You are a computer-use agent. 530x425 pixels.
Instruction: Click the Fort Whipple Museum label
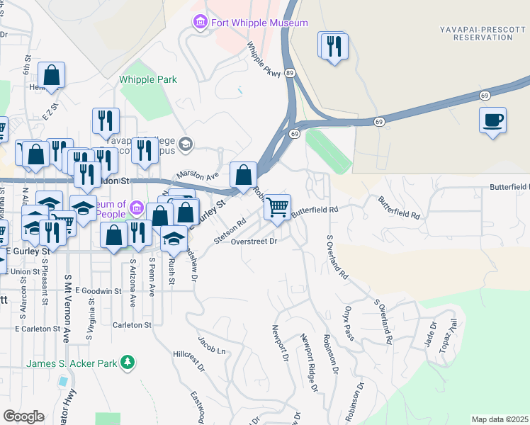click(x=259, y=23)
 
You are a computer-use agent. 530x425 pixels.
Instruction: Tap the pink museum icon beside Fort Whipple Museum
click(x=201, y=23)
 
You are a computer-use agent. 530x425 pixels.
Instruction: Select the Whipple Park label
click(x=148, y=80)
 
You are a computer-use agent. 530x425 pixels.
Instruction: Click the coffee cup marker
click(x=492, y=119)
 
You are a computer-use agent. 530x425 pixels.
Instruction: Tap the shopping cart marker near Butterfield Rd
click(x=277, y=207)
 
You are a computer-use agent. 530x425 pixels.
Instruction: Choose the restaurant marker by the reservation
click(x=333, y=47)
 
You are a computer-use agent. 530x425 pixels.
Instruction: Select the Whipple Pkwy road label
click(x=264, y=58)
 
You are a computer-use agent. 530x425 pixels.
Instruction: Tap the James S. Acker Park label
click(x=72, y=363)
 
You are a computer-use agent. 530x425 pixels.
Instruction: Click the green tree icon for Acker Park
click(x=128, y=363)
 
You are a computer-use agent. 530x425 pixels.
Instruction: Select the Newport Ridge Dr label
click(x=309, y=362)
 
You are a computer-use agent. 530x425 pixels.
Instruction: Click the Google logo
click(x=23, y=416)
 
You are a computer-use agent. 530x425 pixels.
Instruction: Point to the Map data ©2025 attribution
click(x=500, y=419)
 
